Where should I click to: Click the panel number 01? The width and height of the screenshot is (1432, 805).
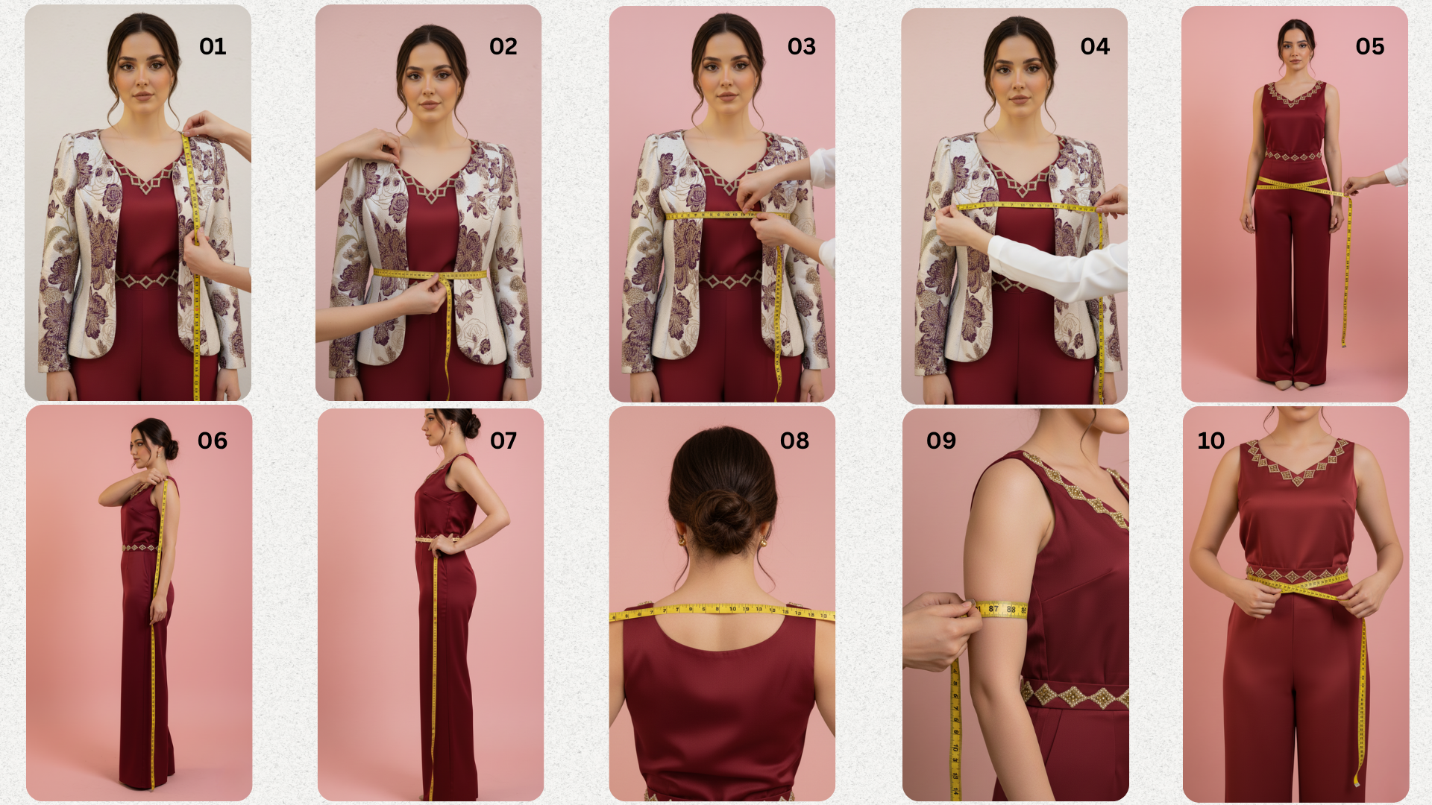click(213, 46)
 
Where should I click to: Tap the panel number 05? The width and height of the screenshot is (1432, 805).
click(1369, 46)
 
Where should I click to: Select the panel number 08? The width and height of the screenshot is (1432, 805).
click(794, 441)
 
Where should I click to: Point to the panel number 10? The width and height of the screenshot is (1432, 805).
click(1211, 441)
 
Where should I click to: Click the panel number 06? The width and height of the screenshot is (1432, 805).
click(213, 441)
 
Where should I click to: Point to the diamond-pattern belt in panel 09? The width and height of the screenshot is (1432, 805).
click(1074, 695)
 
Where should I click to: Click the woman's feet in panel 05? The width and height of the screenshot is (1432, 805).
click(1292, 385)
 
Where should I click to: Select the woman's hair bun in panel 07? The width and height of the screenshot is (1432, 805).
click(470, 425)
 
